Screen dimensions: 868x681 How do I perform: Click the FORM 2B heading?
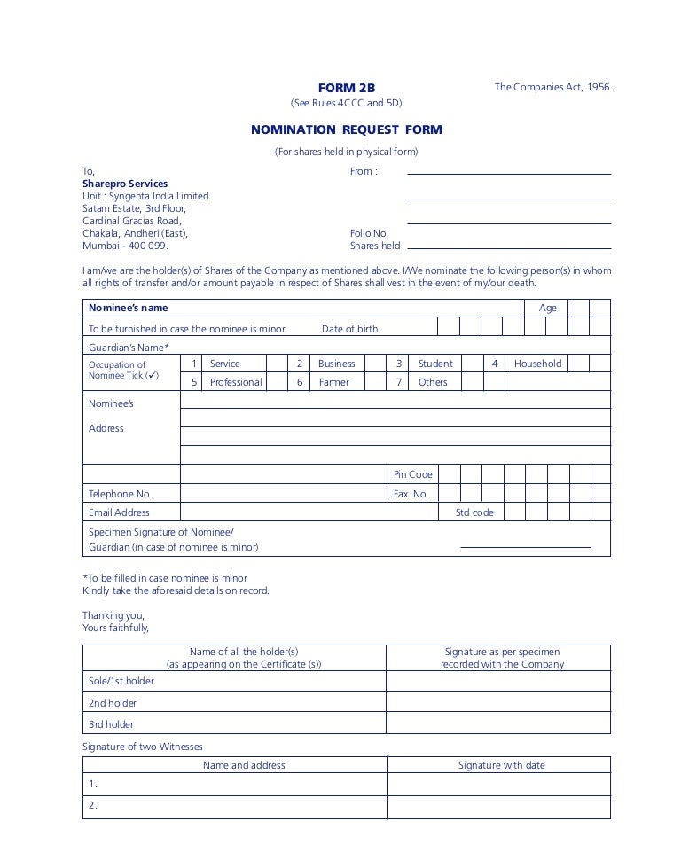click(347, 88)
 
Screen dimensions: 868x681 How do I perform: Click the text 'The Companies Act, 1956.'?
click(553, 87)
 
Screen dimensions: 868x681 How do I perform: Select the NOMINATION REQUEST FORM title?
click(346, 129)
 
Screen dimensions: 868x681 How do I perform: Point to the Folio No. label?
click(369, 233)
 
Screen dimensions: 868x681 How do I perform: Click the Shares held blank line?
click(508, 247)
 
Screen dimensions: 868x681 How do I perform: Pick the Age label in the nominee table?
click(548, 308)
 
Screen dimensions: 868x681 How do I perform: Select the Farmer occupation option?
click(334, 382)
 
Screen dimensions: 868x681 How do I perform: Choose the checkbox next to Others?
click(472, 382)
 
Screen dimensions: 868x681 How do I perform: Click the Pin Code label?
click(413, 474)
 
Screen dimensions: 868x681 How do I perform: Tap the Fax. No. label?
click(411, 494)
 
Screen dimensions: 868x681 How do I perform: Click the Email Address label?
click(119, 512)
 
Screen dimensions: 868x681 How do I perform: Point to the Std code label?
click(474, 512)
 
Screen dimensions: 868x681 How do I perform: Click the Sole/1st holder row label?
click(121, 681)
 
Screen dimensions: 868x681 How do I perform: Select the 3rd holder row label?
click(112, 724)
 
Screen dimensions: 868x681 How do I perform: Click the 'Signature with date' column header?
click(501, 765)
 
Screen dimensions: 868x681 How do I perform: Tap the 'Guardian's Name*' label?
click(129, 347)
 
